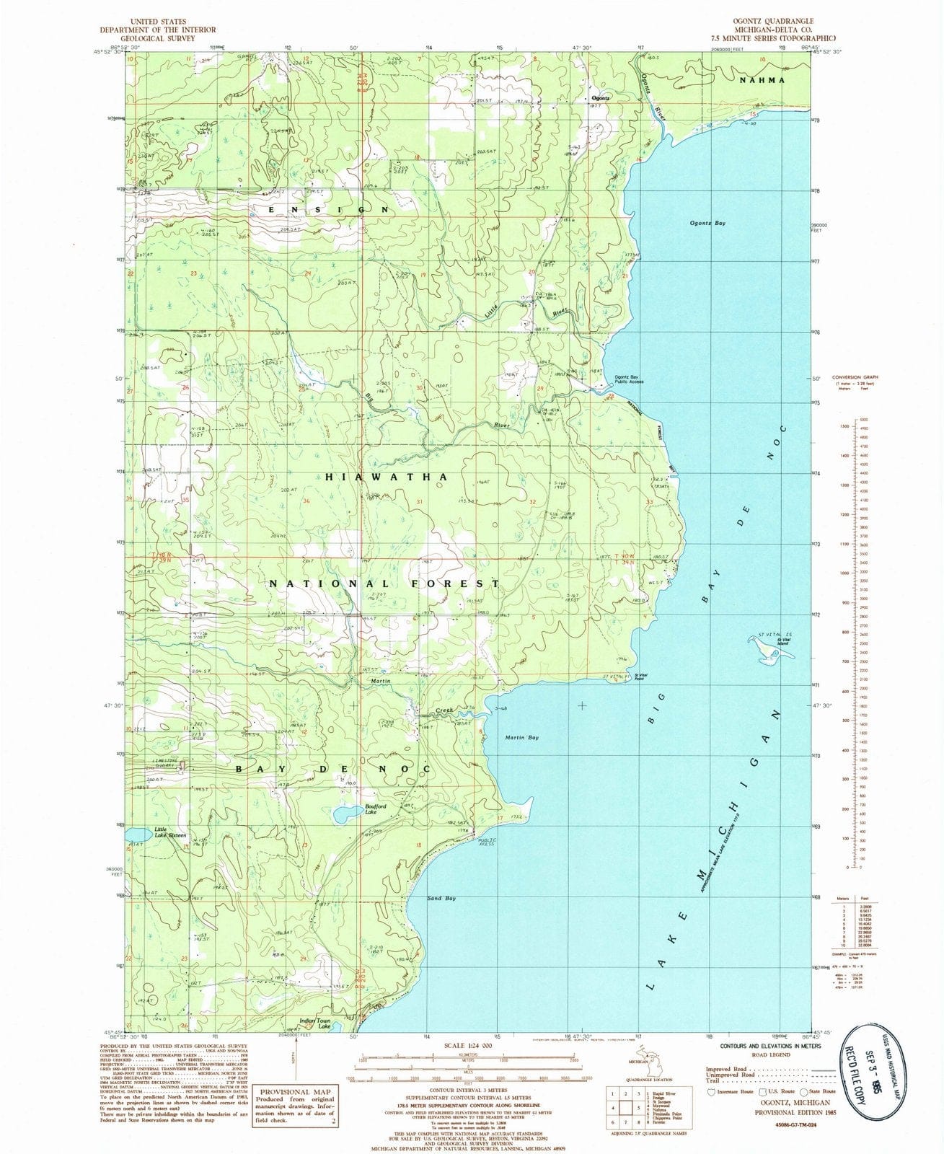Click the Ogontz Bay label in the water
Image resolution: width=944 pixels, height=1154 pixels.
[x=707, y=224]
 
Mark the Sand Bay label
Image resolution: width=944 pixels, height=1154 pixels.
[x=441, y=899]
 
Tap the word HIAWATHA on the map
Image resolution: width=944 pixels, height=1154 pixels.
[x=387, y=477]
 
